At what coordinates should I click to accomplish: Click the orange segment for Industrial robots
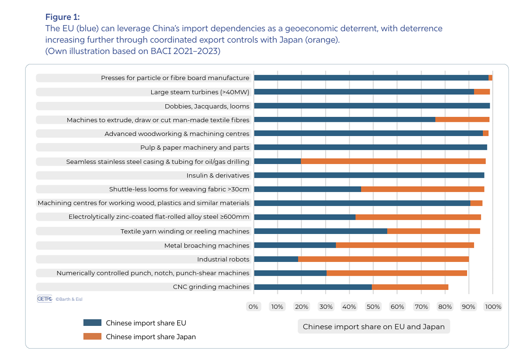pos(383,259)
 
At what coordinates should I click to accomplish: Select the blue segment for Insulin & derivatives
pos(369,175)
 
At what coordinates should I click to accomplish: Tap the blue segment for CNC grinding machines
pos(313,287)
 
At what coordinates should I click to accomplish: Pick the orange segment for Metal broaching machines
pos(405,245)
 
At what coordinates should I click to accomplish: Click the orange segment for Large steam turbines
pos(482,92)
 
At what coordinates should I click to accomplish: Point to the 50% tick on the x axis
pos(373,306)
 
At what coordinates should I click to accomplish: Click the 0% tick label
pos(254,306)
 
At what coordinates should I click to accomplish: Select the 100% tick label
pos(493,306)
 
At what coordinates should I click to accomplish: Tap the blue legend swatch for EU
pos(92,323)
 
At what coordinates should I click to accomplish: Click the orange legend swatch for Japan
pos(92,337)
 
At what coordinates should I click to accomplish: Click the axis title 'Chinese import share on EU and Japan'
pos(374,327)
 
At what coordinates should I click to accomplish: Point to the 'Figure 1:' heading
pos(63,18)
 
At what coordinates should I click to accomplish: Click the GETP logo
pos(45,299)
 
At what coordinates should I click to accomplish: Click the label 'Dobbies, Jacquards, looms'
pos(207,106)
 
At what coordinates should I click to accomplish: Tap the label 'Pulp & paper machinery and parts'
pos(194,148)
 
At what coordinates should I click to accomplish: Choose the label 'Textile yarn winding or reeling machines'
pos(185,231)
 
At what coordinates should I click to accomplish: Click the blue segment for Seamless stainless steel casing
pos(277,162)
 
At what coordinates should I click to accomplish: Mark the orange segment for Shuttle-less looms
pos(422,189)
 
